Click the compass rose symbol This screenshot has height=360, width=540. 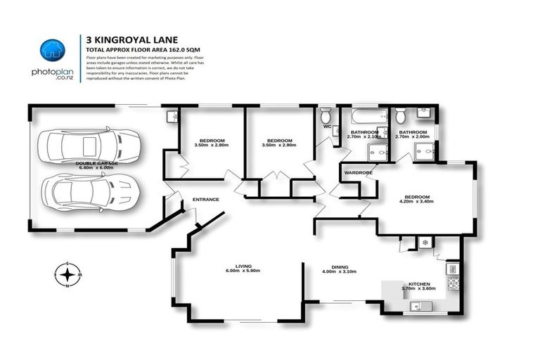pos(67,275)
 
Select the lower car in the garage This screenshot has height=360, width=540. pos(90,191)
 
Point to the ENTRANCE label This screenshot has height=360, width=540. pos(206,200)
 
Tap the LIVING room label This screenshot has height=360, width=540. pos(243,266)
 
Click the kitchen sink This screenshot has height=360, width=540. pos(422,306)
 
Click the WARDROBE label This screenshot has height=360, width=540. pos(358,172)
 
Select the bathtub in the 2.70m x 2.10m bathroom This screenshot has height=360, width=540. pos(365,116)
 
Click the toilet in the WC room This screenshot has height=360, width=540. pos(326,115)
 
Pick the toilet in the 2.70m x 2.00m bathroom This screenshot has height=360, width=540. pos(401,115)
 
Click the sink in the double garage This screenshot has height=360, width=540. pos(172,116)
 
